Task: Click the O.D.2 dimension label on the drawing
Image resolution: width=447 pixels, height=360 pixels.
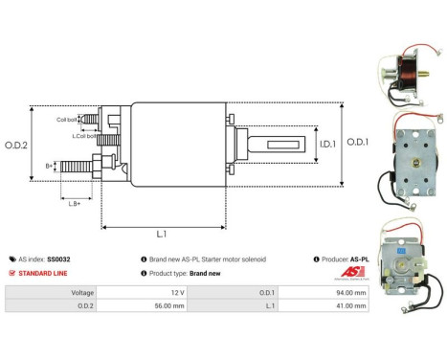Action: pos(15,145)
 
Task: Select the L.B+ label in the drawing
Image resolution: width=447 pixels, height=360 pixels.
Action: pos(74,202)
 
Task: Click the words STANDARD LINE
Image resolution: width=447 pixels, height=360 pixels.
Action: pos(45,273)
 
